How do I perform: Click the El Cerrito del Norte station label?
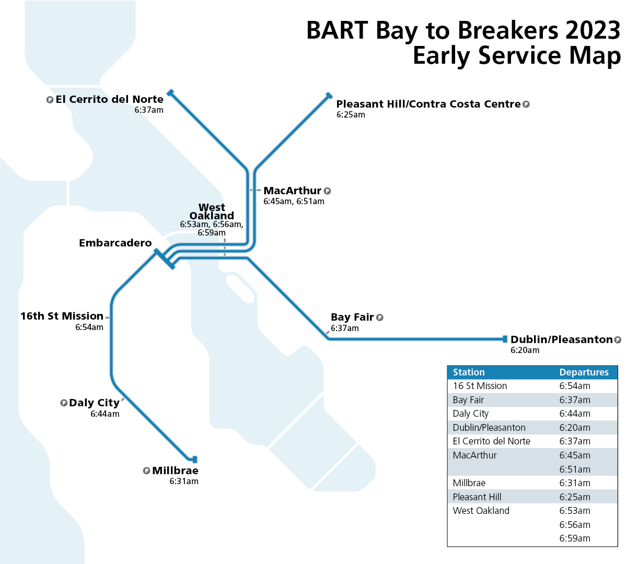coord(109,99)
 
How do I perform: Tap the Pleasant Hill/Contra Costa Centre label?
coord(428,104)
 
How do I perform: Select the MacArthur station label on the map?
coord(292,191)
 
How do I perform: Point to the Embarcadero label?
coord(115,243)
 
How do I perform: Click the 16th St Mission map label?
coord(62,316)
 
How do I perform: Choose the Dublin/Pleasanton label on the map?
coord(561,339)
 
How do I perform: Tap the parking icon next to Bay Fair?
coord(380,318)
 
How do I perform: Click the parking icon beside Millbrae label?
coord(146,471)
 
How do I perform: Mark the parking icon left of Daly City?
coord(64,403)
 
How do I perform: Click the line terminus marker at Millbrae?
coord(195,460)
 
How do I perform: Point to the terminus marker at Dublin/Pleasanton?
coord(505,339)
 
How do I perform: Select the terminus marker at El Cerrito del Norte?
coord(170,93)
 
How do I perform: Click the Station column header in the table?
coord(469,372)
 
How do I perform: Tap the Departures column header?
coord(584,372)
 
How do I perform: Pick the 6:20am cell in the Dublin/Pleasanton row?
coord(575,428)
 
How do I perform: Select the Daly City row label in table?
coord(470,414)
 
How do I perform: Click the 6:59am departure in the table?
coord(575,538)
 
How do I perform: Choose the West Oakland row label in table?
coord(481,511)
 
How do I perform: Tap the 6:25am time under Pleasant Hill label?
coord(351,115)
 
